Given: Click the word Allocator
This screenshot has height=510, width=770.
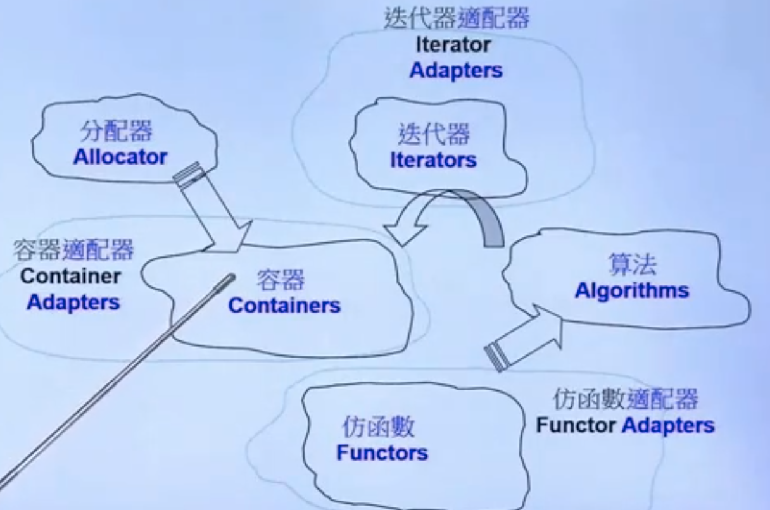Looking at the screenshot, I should pos(120,157).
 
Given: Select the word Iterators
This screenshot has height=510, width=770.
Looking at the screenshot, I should pos(433,160).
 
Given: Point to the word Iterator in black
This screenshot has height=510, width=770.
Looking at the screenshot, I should pos(453,45).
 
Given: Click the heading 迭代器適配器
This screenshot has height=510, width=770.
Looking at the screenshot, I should pos(456,19).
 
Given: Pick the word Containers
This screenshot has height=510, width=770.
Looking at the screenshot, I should pos(284,306).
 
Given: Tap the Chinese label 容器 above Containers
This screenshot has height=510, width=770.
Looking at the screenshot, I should pos(281,279).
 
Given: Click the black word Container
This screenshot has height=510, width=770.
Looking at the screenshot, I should pos(70,276).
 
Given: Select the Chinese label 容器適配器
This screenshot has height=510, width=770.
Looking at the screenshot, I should pos(73,250).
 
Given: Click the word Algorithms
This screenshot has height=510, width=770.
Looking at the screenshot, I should pos(631,290).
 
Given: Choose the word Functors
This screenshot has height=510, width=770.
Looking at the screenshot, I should pos(382,453).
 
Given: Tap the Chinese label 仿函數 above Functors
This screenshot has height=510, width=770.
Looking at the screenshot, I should pos(378,427).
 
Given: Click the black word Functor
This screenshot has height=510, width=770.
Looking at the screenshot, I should pos(576,425).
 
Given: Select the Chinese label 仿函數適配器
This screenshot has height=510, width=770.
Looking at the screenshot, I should pos(625,399).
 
